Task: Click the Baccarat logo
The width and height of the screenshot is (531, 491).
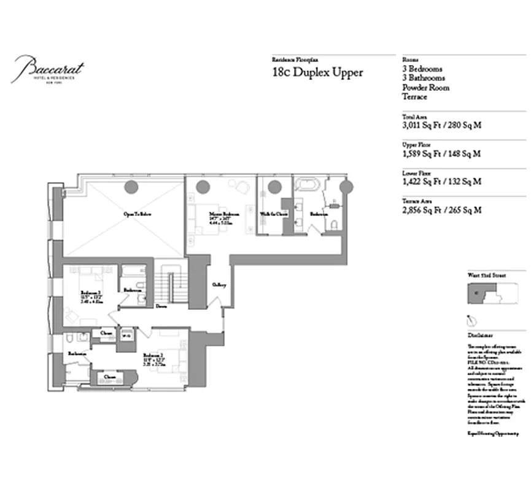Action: click(x=49, y=69)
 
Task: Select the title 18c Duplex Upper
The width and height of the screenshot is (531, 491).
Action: click(x=317, y=72)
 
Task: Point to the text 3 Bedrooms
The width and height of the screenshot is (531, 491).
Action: click(x=422, y=69)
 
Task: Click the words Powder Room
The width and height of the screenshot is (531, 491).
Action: click(x=425, y=88)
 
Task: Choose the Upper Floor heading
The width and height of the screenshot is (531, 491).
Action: click(x=416, y=144)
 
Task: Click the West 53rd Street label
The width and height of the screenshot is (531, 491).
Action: click(x=487, y=277)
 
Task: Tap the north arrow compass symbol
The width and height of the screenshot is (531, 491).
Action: click(x=473, y=320)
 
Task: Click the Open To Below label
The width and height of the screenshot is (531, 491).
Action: click(x=138, y=214)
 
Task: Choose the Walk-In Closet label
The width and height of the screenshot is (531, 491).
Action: click(x=273, y=214)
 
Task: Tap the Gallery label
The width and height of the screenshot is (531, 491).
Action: click(x=219, y=285)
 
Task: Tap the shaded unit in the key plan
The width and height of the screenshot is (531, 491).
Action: click(x=478, y=295)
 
